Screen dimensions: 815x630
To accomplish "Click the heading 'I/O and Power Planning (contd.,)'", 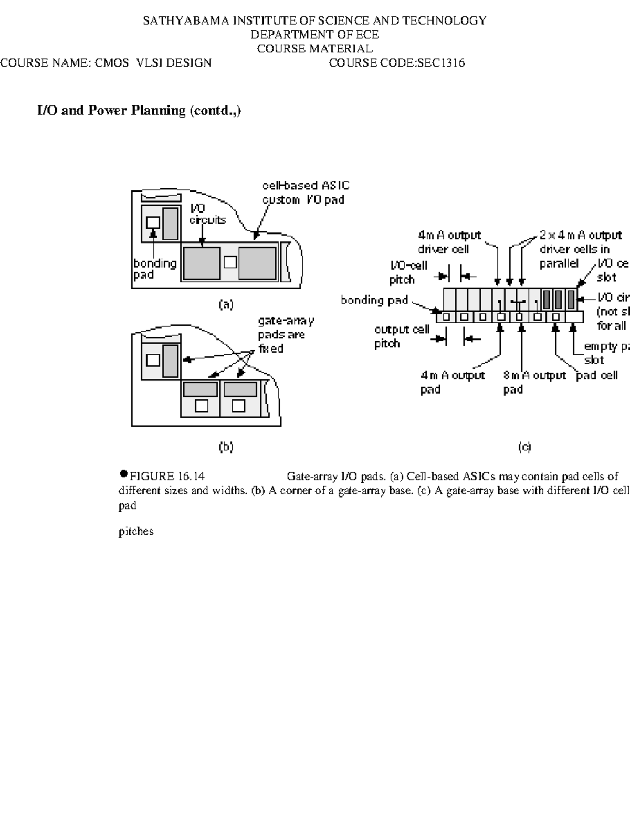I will (x=139, y=111).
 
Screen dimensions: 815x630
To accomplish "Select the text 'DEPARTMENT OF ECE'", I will (x=314, y=35).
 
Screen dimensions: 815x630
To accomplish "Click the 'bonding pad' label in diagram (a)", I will (x=154, y=269).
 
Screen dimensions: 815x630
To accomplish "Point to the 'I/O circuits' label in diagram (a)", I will (x=207, y=215).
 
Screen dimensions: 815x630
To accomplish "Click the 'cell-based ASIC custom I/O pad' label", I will (x=306, y=193).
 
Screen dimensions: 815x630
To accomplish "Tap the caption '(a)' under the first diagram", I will (x=226, y=304).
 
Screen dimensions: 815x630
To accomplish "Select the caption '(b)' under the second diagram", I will (x=226, y=447).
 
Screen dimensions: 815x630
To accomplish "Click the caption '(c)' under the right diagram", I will (x=524, y=447).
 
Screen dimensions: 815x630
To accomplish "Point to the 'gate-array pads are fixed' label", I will (x=286, y=335).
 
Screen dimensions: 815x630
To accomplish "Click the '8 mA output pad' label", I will (x=534, y=382).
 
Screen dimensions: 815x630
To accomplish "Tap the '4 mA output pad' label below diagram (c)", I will (x=452, y=382).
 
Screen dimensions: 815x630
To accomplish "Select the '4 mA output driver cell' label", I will (x=449, y=242).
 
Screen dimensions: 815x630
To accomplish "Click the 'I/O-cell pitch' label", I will (x=408, y=272).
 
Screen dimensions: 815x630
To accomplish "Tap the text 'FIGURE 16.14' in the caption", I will (x=167, y=477).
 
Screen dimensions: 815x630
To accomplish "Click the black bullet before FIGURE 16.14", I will (x=123, y=473).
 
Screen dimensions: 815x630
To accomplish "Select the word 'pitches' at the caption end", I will (x=136, y=531).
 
